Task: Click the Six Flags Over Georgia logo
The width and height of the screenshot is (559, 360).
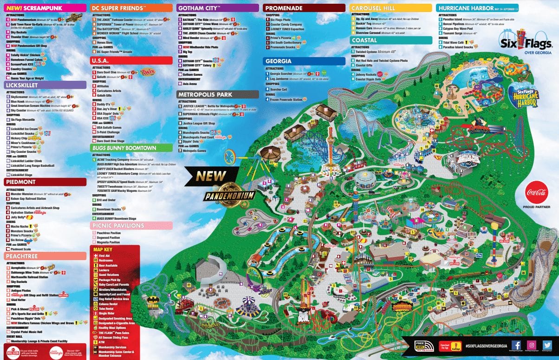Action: pos(525,41)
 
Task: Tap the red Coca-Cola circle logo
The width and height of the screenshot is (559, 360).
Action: pos(537,192)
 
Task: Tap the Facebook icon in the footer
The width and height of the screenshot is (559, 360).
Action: pos(516,345)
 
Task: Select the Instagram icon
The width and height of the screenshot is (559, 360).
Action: pos(532,345)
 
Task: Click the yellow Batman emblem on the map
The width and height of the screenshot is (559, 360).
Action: pos(153,301)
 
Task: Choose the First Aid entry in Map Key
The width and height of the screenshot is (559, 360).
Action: pos(104,255)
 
